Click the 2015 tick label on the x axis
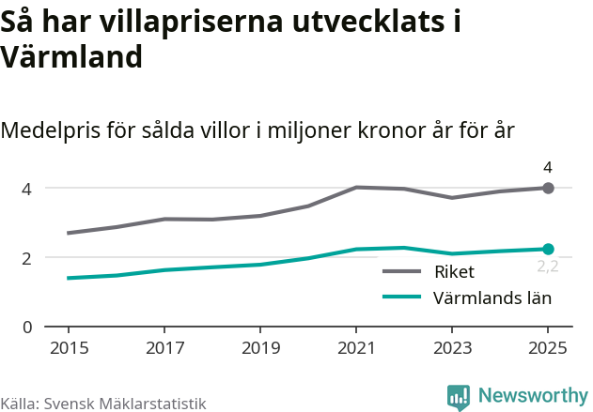[69, 348]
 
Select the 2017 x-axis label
[164, 348]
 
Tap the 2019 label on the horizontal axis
[260, 348]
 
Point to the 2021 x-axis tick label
[356, 348]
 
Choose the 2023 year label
[452, 348]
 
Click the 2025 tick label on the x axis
[548, 348]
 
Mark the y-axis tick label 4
[27, 189]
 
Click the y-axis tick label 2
[27, 258]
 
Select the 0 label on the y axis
[27, 327]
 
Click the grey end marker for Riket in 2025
[549, 188]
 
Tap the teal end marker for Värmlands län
[549, 249]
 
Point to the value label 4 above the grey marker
[548, 168]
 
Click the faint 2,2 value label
[548, 267]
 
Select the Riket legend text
[454, 272]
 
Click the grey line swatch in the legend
[402, 272]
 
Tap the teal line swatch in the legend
[402, 298]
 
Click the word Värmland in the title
[71, 57]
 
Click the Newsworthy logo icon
[459, 397]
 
